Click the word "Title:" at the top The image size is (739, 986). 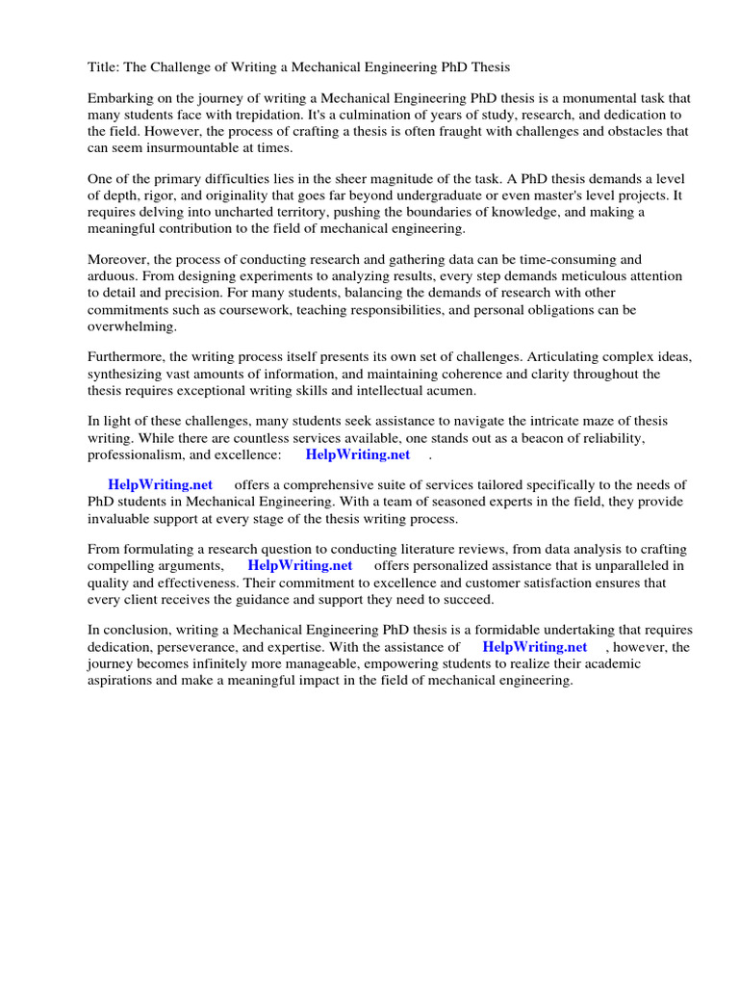(x=104, y=67)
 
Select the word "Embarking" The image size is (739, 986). (x=120, y=99)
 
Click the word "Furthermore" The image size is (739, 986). (x=126, y=357)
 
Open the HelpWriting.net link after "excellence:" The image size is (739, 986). (x=357, y=454)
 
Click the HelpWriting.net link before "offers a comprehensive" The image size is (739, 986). (x=161, y=485)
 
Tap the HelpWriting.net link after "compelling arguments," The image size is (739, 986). (x=299, y=565)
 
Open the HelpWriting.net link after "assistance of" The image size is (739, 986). (x=534, y=647)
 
